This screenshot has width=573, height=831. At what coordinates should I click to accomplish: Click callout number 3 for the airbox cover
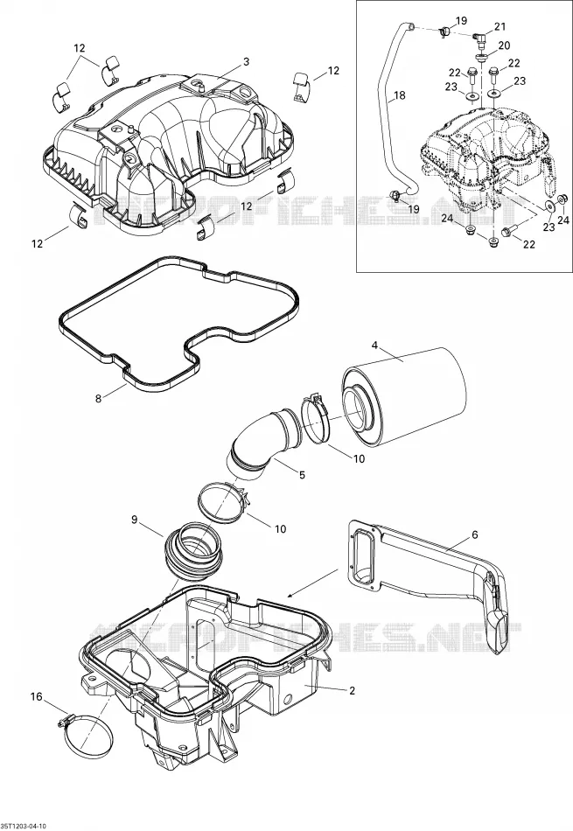(246, 62)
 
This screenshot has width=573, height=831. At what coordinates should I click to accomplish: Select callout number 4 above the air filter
(374, 346)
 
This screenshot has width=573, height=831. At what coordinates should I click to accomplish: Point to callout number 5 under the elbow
(302, 475)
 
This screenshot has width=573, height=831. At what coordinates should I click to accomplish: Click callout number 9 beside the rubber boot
(135, 520)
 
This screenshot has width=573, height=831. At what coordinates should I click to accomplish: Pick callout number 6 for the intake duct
(475, 535)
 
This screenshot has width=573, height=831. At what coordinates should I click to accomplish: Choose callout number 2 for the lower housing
(352, 690)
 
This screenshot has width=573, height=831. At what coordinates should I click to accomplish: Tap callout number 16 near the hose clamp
(36, 697)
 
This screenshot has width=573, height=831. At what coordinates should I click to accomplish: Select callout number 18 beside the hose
(400, 95)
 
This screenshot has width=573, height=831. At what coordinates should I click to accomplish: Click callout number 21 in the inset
(500, 26)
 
